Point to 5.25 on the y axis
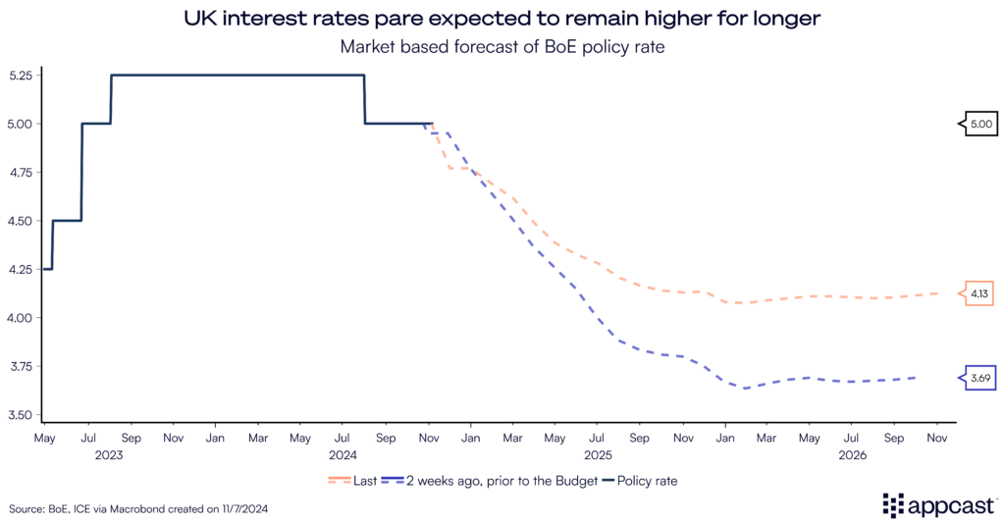[x=20, y=76]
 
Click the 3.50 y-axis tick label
[x=20, y=415]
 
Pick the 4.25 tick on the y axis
[x=20, y=270]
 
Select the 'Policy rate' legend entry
[x=641, y=481]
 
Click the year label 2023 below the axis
[x=109, y=455]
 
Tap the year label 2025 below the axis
[x=598, y=455]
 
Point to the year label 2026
[x=853, y=455]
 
